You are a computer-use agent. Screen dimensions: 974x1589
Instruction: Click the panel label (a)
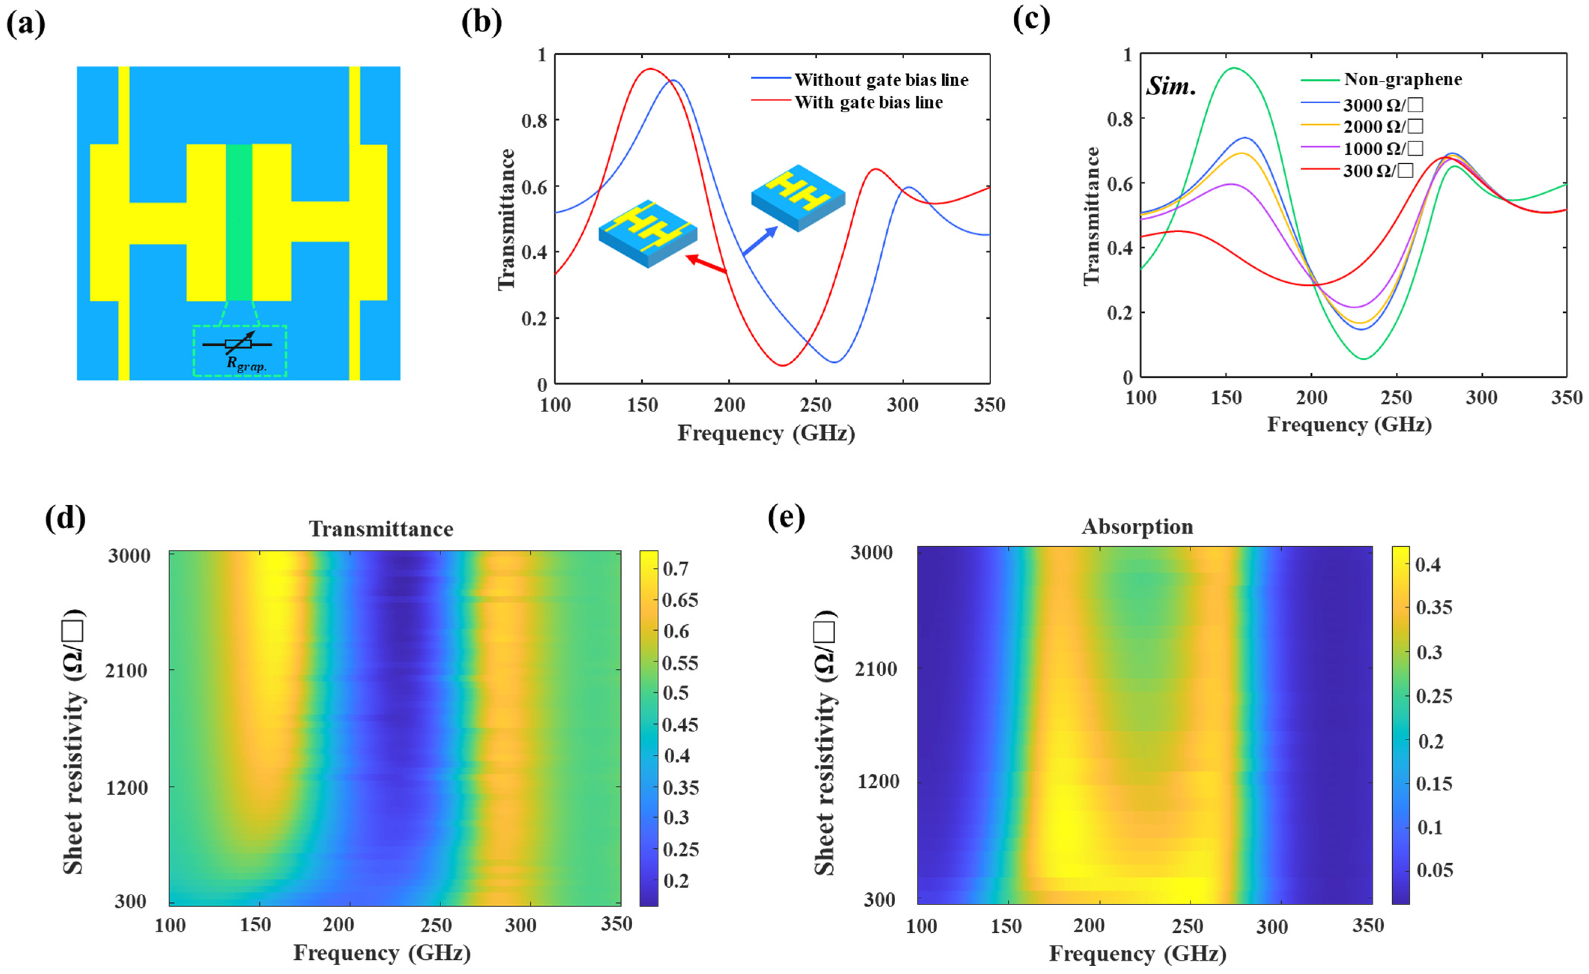point(26,24)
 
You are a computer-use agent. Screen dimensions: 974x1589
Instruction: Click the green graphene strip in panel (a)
point(239,222)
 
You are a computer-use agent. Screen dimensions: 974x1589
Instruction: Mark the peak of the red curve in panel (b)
point(650,69)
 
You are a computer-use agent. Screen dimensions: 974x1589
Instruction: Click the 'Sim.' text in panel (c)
point(1171,87)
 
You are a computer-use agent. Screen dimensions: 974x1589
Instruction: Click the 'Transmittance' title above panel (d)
point(381,529)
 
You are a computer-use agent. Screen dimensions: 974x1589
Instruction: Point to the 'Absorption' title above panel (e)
point(1137,527)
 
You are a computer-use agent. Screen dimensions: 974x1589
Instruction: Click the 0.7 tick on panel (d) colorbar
point(675,568)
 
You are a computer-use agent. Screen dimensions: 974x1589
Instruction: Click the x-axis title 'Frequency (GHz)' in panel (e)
point(1137,953)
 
